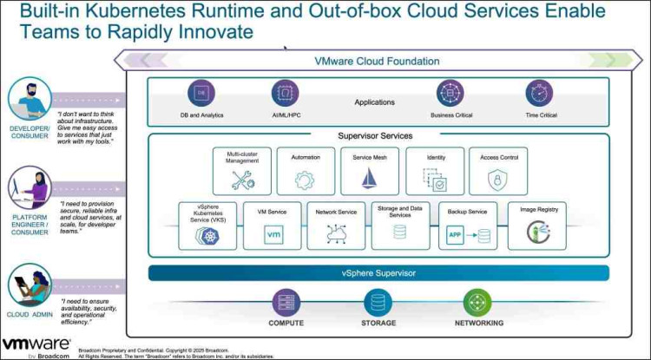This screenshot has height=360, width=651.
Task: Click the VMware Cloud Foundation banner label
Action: click(x=377, y=61)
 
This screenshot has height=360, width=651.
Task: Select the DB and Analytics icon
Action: click(x=201, y=93)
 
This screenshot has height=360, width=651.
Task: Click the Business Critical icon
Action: click(x=450, y=93)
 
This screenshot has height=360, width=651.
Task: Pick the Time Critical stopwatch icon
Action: click(x=539, y=93)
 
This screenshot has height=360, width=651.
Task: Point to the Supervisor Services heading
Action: click(x=375, y=135)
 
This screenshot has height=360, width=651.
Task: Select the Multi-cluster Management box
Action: click(x=242, y=170)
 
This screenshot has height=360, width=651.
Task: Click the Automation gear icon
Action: click(x=305, y=180)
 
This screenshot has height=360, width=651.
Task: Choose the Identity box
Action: click(x=436, y=170)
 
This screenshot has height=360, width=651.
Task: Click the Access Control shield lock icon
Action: click(x=497, y=180)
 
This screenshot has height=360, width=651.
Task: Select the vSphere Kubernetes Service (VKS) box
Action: click(x=207, y=226)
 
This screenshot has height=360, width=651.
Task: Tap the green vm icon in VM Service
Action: click(x=273, y=234)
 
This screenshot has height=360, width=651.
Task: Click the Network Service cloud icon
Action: click(x=335, y=233)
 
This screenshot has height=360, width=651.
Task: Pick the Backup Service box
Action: click(x=467, y=226)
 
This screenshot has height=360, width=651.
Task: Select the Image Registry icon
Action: click(x=539, y=232)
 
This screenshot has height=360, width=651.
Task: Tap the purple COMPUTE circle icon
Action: click(x=286, y=303)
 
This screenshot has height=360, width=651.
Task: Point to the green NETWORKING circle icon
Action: click(x=477, y=303)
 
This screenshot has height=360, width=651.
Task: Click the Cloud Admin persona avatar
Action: click(x=29, y=282)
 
